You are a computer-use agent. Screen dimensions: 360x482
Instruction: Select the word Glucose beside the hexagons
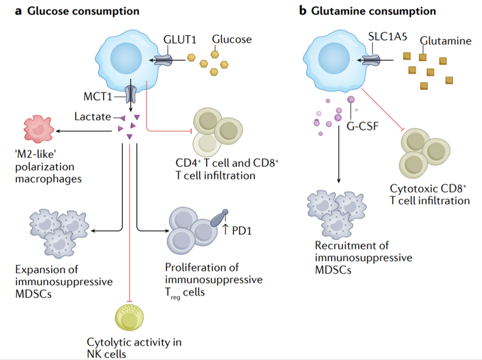[231, 40]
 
